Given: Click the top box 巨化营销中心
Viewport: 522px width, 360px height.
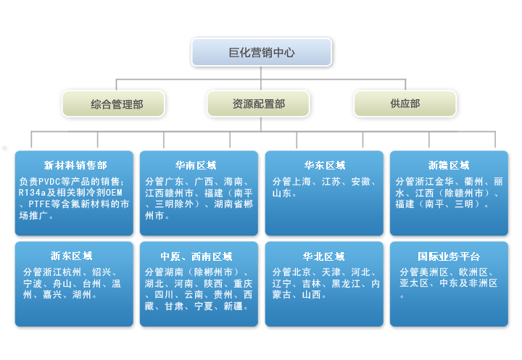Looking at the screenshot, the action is coord(261,52).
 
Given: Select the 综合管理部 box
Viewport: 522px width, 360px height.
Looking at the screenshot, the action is coord(113,104).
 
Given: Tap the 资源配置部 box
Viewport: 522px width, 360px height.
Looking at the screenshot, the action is coord(258,104).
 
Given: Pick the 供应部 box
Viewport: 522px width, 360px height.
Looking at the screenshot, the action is coord(405,104).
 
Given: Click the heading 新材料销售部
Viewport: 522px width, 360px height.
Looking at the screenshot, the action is coord(75,165).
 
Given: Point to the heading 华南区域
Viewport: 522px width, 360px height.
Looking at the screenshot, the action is coord(196,165).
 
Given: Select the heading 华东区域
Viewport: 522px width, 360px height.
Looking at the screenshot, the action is coord(325,165).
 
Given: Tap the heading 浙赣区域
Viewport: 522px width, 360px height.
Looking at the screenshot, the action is coord(449,165).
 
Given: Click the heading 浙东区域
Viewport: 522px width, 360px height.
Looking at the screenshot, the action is coord(71,256).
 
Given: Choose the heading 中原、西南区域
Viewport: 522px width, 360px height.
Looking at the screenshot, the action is coord(196,256).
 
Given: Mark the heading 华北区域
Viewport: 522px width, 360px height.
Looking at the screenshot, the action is coord(323,256).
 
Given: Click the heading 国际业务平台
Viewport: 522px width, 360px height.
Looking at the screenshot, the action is coord(449,256).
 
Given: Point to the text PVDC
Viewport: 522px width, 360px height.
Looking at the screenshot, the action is coord(49,182).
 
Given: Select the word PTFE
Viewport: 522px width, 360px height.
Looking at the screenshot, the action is coord(39,204).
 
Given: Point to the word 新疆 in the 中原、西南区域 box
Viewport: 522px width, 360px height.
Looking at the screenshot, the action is coord(233,306).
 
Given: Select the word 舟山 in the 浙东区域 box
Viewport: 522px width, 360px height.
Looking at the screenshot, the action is coord(62,283).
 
